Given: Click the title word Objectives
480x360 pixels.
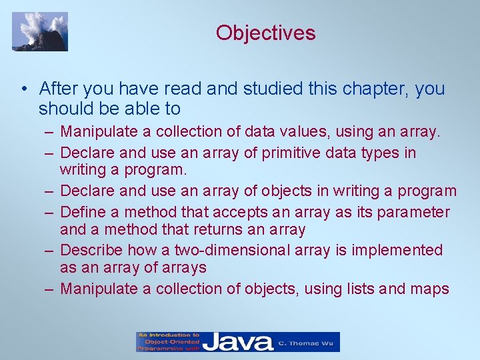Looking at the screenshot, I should (265, 32).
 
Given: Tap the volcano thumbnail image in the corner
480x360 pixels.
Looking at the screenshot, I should (40, 31).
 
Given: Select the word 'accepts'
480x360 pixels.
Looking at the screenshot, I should (251, 212).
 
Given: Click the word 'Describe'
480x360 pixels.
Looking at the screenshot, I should (91, 250).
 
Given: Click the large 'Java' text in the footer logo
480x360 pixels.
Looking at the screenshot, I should (238, 342).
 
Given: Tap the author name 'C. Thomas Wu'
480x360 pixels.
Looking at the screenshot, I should (307, 342).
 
